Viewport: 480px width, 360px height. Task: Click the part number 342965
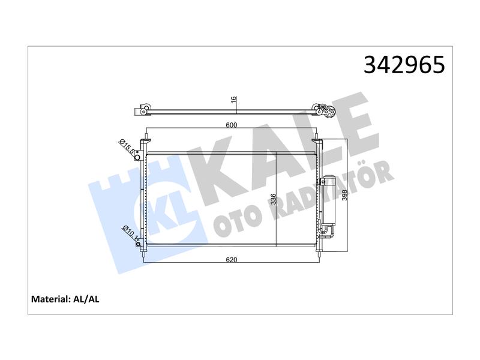(x=404, y=65)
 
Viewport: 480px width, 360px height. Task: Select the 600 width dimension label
(x=232, y=125)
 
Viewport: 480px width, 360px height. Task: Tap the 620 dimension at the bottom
(x=232, y=260)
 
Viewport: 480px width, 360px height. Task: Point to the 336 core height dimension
(x=274, y=199)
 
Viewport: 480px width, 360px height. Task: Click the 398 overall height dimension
(x=344, y=196)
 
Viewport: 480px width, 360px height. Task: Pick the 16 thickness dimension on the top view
(x=233, y=100)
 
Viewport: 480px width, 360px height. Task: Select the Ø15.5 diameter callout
(x=127, y=146)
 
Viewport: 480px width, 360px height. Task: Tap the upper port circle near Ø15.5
(x=137, y=157)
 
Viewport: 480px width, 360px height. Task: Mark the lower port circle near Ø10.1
(x=138, y=244)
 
